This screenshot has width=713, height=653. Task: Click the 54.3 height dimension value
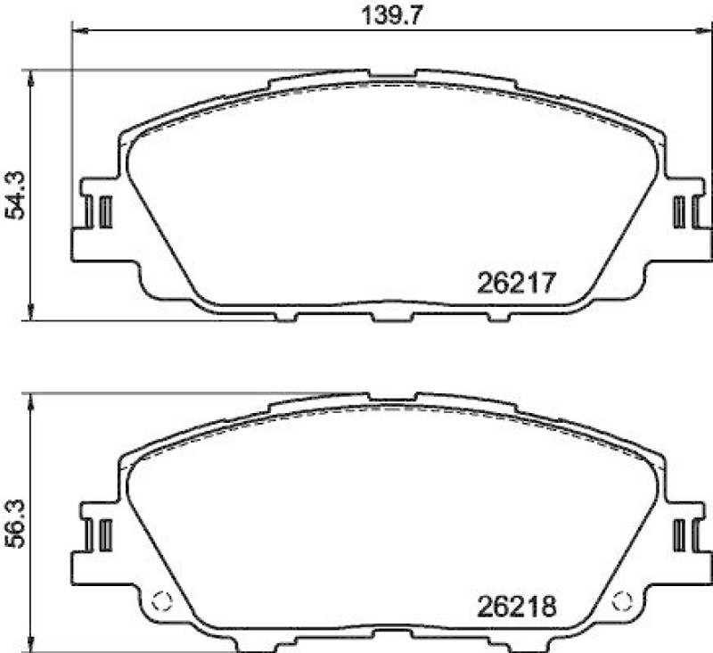[15, 194]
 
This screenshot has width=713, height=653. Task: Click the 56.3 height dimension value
[15, 517]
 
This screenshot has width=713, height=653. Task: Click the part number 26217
[517, 284]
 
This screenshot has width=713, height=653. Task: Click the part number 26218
[517, 608]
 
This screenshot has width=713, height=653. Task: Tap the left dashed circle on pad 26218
[161, 602]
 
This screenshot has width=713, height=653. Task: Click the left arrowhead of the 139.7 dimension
[75, 32]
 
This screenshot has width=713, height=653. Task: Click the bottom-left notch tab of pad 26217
[286, 315]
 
